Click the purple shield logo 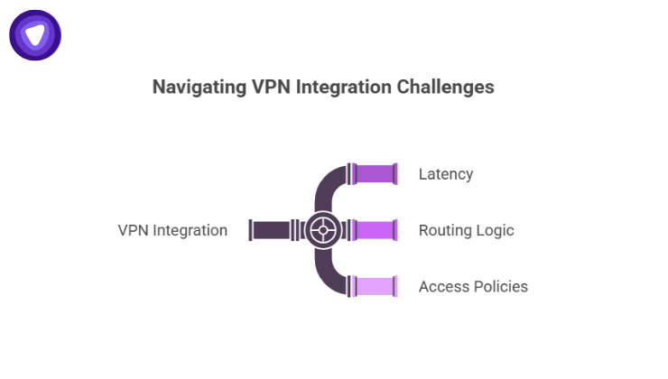pyautogui.click(x=35, y=35)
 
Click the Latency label pyautogui.click(x=446, y=173)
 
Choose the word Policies pyautogui.click(x=500, y=287)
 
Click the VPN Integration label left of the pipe pyautogui.click(x=172, y=230)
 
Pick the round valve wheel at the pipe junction pyautogui.click(x=321, y=230)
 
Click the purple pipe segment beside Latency pyautogui.click(x=376, y=173)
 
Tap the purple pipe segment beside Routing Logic pyautogui.click(x=376, y=230)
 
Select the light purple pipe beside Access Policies pyautogui.click(x=376, y=287)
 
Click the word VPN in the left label pyautogui.click(x=133, y=230)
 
